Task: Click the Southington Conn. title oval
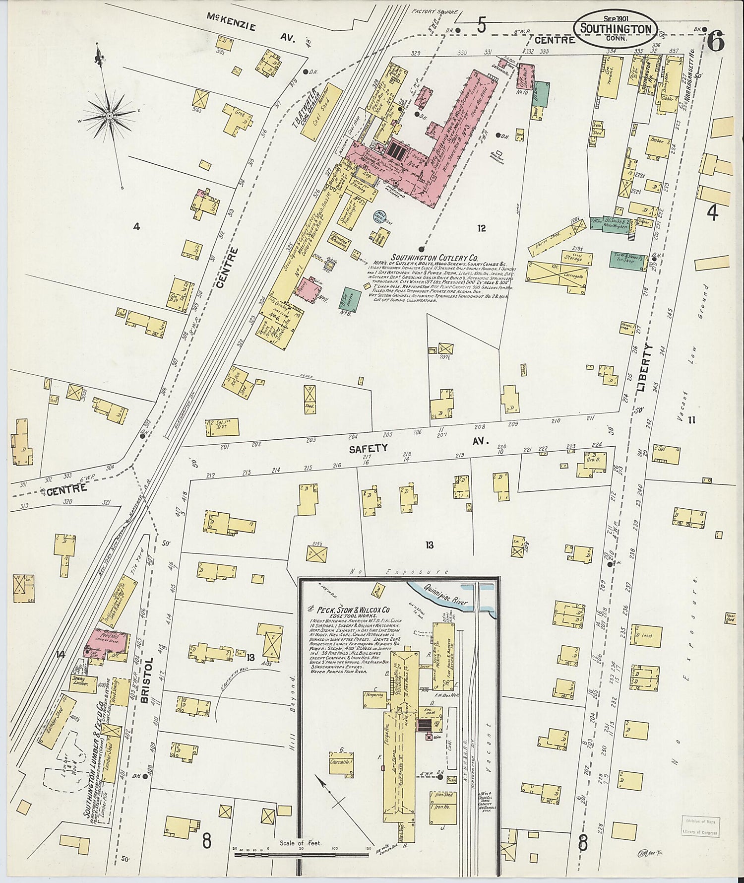point(616,29)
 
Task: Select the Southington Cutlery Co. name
point(435,258)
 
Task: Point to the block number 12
point(481,228)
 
